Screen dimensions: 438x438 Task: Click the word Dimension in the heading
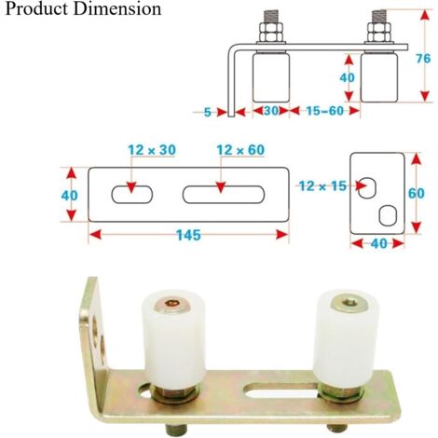point(117,8)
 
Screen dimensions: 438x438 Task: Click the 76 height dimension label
point(423,59)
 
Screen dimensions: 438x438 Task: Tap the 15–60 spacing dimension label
point(325,111)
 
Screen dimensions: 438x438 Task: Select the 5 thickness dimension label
point(208,112)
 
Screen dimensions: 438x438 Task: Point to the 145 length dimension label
point(188,235)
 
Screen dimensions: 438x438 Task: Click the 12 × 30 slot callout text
point(152,150)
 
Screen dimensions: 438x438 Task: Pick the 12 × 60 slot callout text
point(240,150)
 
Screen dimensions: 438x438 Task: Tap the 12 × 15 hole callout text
point(322,186)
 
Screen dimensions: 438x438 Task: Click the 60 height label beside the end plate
point(416,193)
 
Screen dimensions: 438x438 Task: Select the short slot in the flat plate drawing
point(132,195)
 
